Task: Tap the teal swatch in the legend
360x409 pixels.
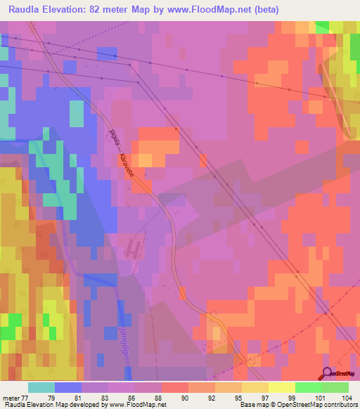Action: pos(41,387)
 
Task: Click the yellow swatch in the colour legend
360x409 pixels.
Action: pos(281,387)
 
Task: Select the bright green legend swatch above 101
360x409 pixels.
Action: pos(308,387)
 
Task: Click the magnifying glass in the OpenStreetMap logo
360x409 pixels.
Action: pos(328,373)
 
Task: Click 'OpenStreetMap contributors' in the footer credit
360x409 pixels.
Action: pos(317,405)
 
